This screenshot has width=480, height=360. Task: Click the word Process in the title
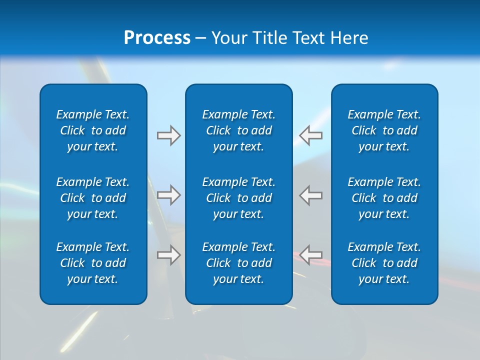[x=157, y=38]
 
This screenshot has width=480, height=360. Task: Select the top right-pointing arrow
[x=168, y=135]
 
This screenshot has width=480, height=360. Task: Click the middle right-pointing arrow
[x=168, y=195]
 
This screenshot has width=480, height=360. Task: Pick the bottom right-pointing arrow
[x=168, y=255]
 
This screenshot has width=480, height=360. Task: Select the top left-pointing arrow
[x=311, y=135]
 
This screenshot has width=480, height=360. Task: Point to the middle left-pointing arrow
[x=311, y=195]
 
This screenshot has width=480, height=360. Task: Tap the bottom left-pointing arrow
[x=311, y=255]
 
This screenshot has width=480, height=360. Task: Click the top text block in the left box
[x=93, y=130]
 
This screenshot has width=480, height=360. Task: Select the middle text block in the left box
[x=93, y=198]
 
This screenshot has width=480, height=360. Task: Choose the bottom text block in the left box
[x=93, y=263]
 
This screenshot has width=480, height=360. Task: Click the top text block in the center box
[x=238, y=130]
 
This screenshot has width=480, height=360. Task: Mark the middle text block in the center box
[x=238, y=198]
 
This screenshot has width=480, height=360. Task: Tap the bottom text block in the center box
[x=238, y=263]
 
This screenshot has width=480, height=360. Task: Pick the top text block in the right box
[x=384, y=130]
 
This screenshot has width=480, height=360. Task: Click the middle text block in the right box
[x=384, y=198]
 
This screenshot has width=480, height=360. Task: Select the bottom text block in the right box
[x=384, y=263]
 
